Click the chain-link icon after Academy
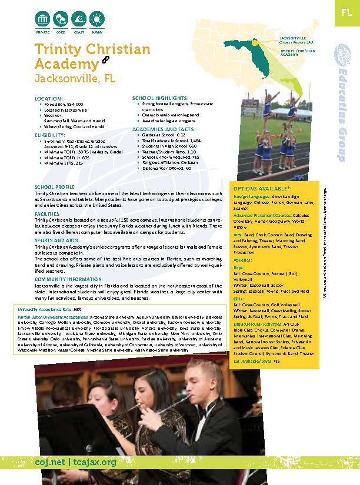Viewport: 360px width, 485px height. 106,61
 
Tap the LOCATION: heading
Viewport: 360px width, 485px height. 48,98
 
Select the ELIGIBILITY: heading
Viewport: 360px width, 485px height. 50,135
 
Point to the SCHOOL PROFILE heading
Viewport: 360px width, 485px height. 53,186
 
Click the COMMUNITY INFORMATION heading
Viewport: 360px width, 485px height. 68,279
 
